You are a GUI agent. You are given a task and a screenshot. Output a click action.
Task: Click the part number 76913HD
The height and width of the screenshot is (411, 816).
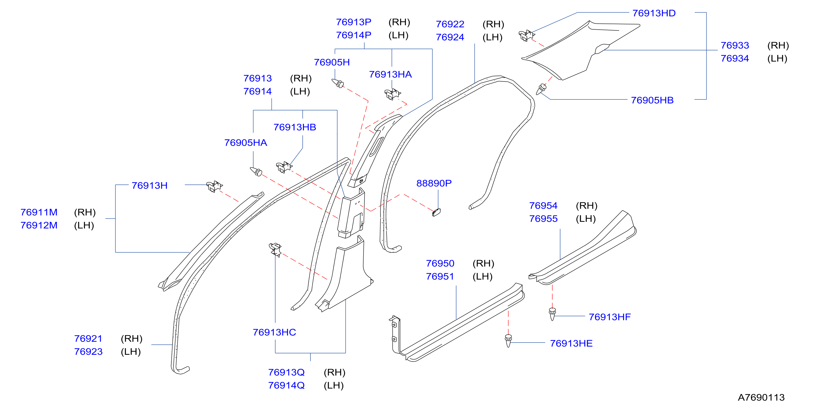[654, 13]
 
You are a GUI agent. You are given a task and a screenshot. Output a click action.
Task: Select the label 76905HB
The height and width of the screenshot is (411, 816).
[652, 100]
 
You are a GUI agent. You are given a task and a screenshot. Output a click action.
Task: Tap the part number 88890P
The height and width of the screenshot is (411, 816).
[434, 183]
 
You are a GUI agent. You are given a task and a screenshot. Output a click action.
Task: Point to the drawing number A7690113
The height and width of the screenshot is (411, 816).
[761, 397]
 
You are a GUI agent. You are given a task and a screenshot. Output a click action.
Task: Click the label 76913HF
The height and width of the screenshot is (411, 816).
[610, 317]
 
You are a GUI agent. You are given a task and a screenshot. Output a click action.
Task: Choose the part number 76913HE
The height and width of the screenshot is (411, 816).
[571, 343]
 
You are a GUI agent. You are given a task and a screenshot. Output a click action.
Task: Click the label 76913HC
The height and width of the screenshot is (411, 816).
[274, 332]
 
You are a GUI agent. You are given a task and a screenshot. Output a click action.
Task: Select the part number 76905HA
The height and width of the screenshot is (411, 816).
[246, 143]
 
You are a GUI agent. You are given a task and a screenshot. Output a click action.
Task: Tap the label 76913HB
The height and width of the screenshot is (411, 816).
[295, 127]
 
